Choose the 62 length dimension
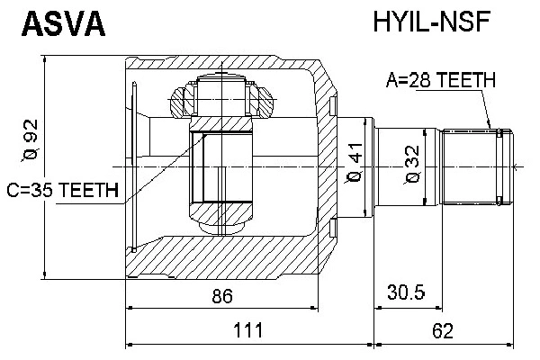tap(442, 331)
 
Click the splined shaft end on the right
tap(475, 166)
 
